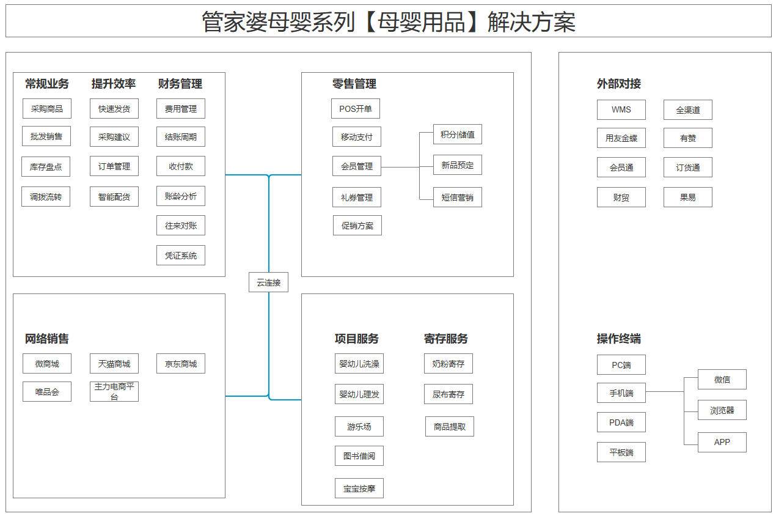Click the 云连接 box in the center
tap(268, 282)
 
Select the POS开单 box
tap(356, 108)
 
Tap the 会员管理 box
tap(357, 166)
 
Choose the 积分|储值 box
tap(458, 134)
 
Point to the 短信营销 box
tap(458, 197)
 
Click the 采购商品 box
tap(47, 108)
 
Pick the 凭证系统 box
tap(181, 256)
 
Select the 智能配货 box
tap(114, 196)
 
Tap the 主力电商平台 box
tap(114, 392)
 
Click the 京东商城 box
tap(181, 364)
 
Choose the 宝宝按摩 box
tap(359, 488)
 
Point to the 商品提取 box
tap(450, 426)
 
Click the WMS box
tap(621, 109)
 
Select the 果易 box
tap(688, 197)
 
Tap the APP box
tap(722, 442)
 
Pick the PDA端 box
tap(621, 422)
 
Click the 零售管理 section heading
tap(354, 84)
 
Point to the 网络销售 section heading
tap(47, 339)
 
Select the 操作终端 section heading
tap(619, 339)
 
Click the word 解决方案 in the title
tap(532, 22)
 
